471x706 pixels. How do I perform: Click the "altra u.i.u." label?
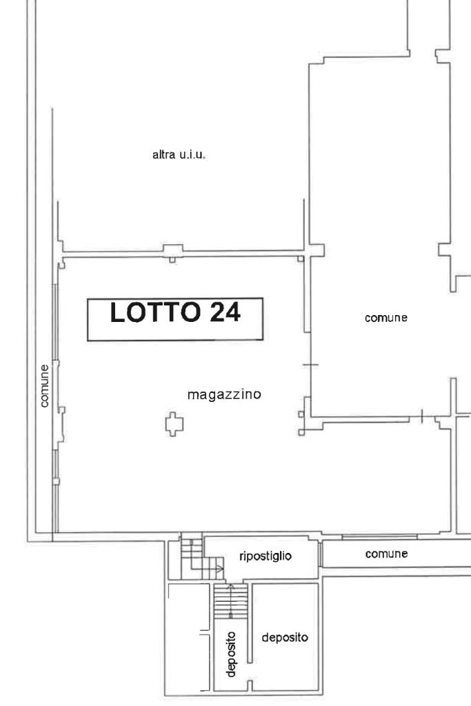[179, 155]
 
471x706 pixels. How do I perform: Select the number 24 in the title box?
[225, 312]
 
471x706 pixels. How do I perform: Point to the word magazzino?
[224, 395]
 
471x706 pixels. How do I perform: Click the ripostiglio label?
[265, 556]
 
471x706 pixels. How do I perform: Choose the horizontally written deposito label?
[285, 638]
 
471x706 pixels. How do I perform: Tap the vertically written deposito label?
[231, 654]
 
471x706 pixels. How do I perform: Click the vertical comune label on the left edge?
[44, 386]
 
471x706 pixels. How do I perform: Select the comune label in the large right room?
[386, 318]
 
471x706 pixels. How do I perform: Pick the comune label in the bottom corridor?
[386, 554]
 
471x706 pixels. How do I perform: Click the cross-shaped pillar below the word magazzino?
[174, 424]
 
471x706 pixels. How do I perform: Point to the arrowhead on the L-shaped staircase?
[220, 569]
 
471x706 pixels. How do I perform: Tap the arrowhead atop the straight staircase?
[230, 587]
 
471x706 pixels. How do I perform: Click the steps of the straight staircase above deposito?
[230, 601]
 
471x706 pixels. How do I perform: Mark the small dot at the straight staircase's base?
[230, 615]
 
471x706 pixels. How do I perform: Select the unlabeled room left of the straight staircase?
[189, 637]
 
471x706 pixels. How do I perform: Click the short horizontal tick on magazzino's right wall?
[310, 365]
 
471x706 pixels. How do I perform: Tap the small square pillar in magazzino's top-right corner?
[301, 259]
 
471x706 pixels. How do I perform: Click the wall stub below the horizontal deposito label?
[250, 686]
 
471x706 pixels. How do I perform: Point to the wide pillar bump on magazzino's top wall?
[173, 250]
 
